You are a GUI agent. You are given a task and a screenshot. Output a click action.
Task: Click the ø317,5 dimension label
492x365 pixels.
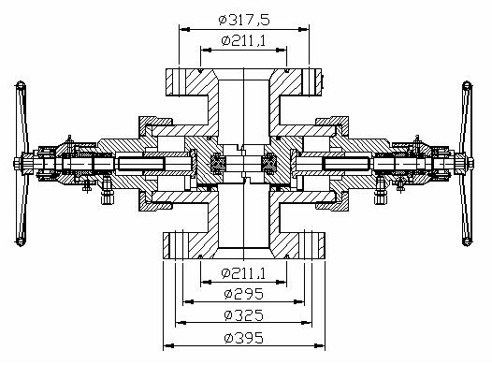click(244, 20)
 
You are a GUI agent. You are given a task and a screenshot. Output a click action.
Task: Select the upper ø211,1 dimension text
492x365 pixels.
click(243, 41)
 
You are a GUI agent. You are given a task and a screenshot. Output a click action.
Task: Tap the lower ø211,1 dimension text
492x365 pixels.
click(243, 273)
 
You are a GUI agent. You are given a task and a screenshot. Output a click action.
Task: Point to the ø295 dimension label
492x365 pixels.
click(244, 294)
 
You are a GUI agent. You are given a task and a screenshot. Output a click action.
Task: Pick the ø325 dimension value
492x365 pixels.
click(244, 315)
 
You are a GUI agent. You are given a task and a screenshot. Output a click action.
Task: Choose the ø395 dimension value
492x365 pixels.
click(244, 338)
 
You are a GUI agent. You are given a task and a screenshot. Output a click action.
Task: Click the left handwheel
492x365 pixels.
click(22, 164)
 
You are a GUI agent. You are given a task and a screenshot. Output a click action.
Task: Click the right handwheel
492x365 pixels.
click(467, 164)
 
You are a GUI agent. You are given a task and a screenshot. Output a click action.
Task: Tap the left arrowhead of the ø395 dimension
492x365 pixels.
click(168, 346)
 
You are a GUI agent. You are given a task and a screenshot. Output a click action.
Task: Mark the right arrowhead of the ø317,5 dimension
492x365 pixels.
click(303, 29)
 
